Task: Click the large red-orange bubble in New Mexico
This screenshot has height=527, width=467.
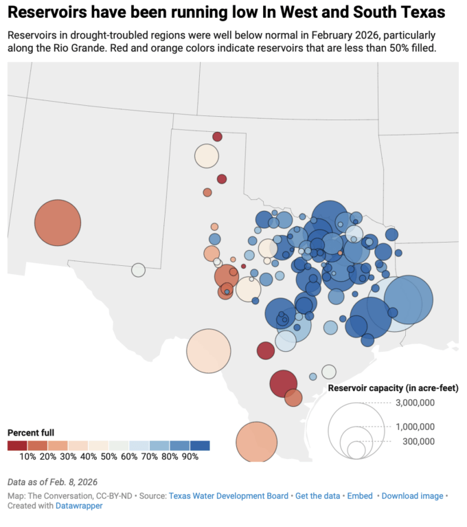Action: tap(58, 223)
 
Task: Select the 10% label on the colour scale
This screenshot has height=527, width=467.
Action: tap(28, 456)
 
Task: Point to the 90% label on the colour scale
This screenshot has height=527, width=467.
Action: tap(190, 456)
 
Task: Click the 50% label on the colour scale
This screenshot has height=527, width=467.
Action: tap(109, 456)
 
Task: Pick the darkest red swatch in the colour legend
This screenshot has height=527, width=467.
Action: tap(18, 445)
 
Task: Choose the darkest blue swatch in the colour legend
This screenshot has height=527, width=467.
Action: tap(200, 445)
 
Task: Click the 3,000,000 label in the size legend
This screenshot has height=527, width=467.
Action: tap(415, 403)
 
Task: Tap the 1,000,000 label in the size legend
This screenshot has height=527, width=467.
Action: tap(415, 427)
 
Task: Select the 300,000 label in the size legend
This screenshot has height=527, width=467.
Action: tap(418, 441)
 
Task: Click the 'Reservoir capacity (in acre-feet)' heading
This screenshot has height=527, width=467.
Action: tap(393, 388)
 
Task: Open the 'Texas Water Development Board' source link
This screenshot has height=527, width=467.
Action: tap(229, 495)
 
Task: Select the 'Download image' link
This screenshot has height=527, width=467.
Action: tap(412, 495)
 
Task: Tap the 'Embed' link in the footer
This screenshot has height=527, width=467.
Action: tap(360, 495)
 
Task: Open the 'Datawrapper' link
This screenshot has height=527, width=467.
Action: tap(79, 506)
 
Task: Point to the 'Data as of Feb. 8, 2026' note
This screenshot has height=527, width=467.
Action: tap(53, 482)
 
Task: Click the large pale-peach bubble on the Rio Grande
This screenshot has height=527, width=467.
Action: tap(208, 350)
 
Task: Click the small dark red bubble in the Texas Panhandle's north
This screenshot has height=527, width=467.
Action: tap(217, 137)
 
